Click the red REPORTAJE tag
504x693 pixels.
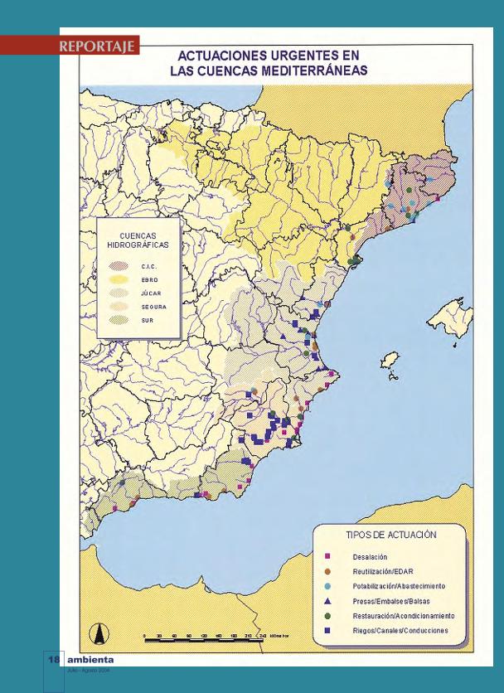pos(98,46)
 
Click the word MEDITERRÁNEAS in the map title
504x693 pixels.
pos(306,70)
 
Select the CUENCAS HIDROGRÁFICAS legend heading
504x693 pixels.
pos(138,241)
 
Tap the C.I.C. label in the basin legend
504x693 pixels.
pos(149,266)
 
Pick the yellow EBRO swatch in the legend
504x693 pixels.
pos(119,280)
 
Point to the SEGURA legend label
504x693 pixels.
pos(153,307)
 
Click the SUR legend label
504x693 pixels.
pos(148,320)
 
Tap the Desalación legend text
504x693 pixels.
pos(370,556)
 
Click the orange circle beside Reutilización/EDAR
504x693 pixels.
pos(327,571)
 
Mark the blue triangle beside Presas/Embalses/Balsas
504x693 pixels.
pos(327,600)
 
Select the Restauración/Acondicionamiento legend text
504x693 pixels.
pos(403,616)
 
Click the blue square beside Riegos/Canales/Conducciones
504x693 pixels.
pos(327,631)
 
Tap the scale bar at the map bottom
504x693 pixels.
pos(203,637)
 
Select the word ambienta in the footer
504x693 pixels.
pos(90,660)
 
